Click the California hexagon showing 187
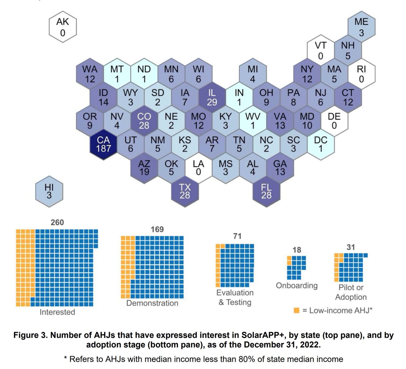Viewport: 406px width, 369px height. click(x=103, y=144)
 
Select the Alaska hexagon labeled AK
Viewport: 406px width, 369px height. click(x=63, y=27)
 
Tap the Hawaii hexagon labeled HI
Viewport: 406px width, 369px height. click(x=49, y=191)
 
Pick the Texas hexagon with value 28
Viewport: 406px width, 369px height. click(x=185, y=191)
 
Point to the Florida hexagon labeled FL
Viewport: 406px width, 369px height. click(x=266, y=191)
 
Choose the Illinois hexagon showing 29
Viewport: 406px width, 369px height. click(x=212, y=97)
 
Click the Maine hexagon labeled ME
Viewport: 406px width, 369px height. click(x=361, y=27)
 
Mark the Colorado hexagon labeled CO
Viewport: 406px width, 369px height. click(x=144, y=121)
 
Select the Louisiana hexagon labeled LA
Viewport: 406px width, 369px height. click(x=198, y=168)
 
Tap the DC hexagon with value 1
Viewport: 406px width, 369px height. click(x=320, y=144)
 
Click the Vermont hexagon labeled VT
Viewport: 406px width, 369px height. click(x=320, y=50)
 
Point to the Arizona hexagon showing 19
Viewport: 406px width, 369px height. click(x=144, y=168)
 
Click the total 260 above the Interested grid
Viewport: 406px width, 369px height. click(x=57, y=223)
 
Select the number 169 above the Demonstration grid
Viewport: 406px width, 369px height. click(x=157, y=229)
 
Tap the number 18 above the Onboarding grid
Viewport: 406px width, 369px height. click(x=297, y=250)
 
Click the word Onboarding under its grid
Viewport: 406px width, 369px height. click(x=297, y=286)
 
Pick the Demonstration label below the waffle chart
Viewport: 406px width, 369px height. click(x=152, y=303)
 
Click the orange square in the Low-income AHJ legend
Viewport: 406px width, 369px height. click(x=297, y=310)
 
